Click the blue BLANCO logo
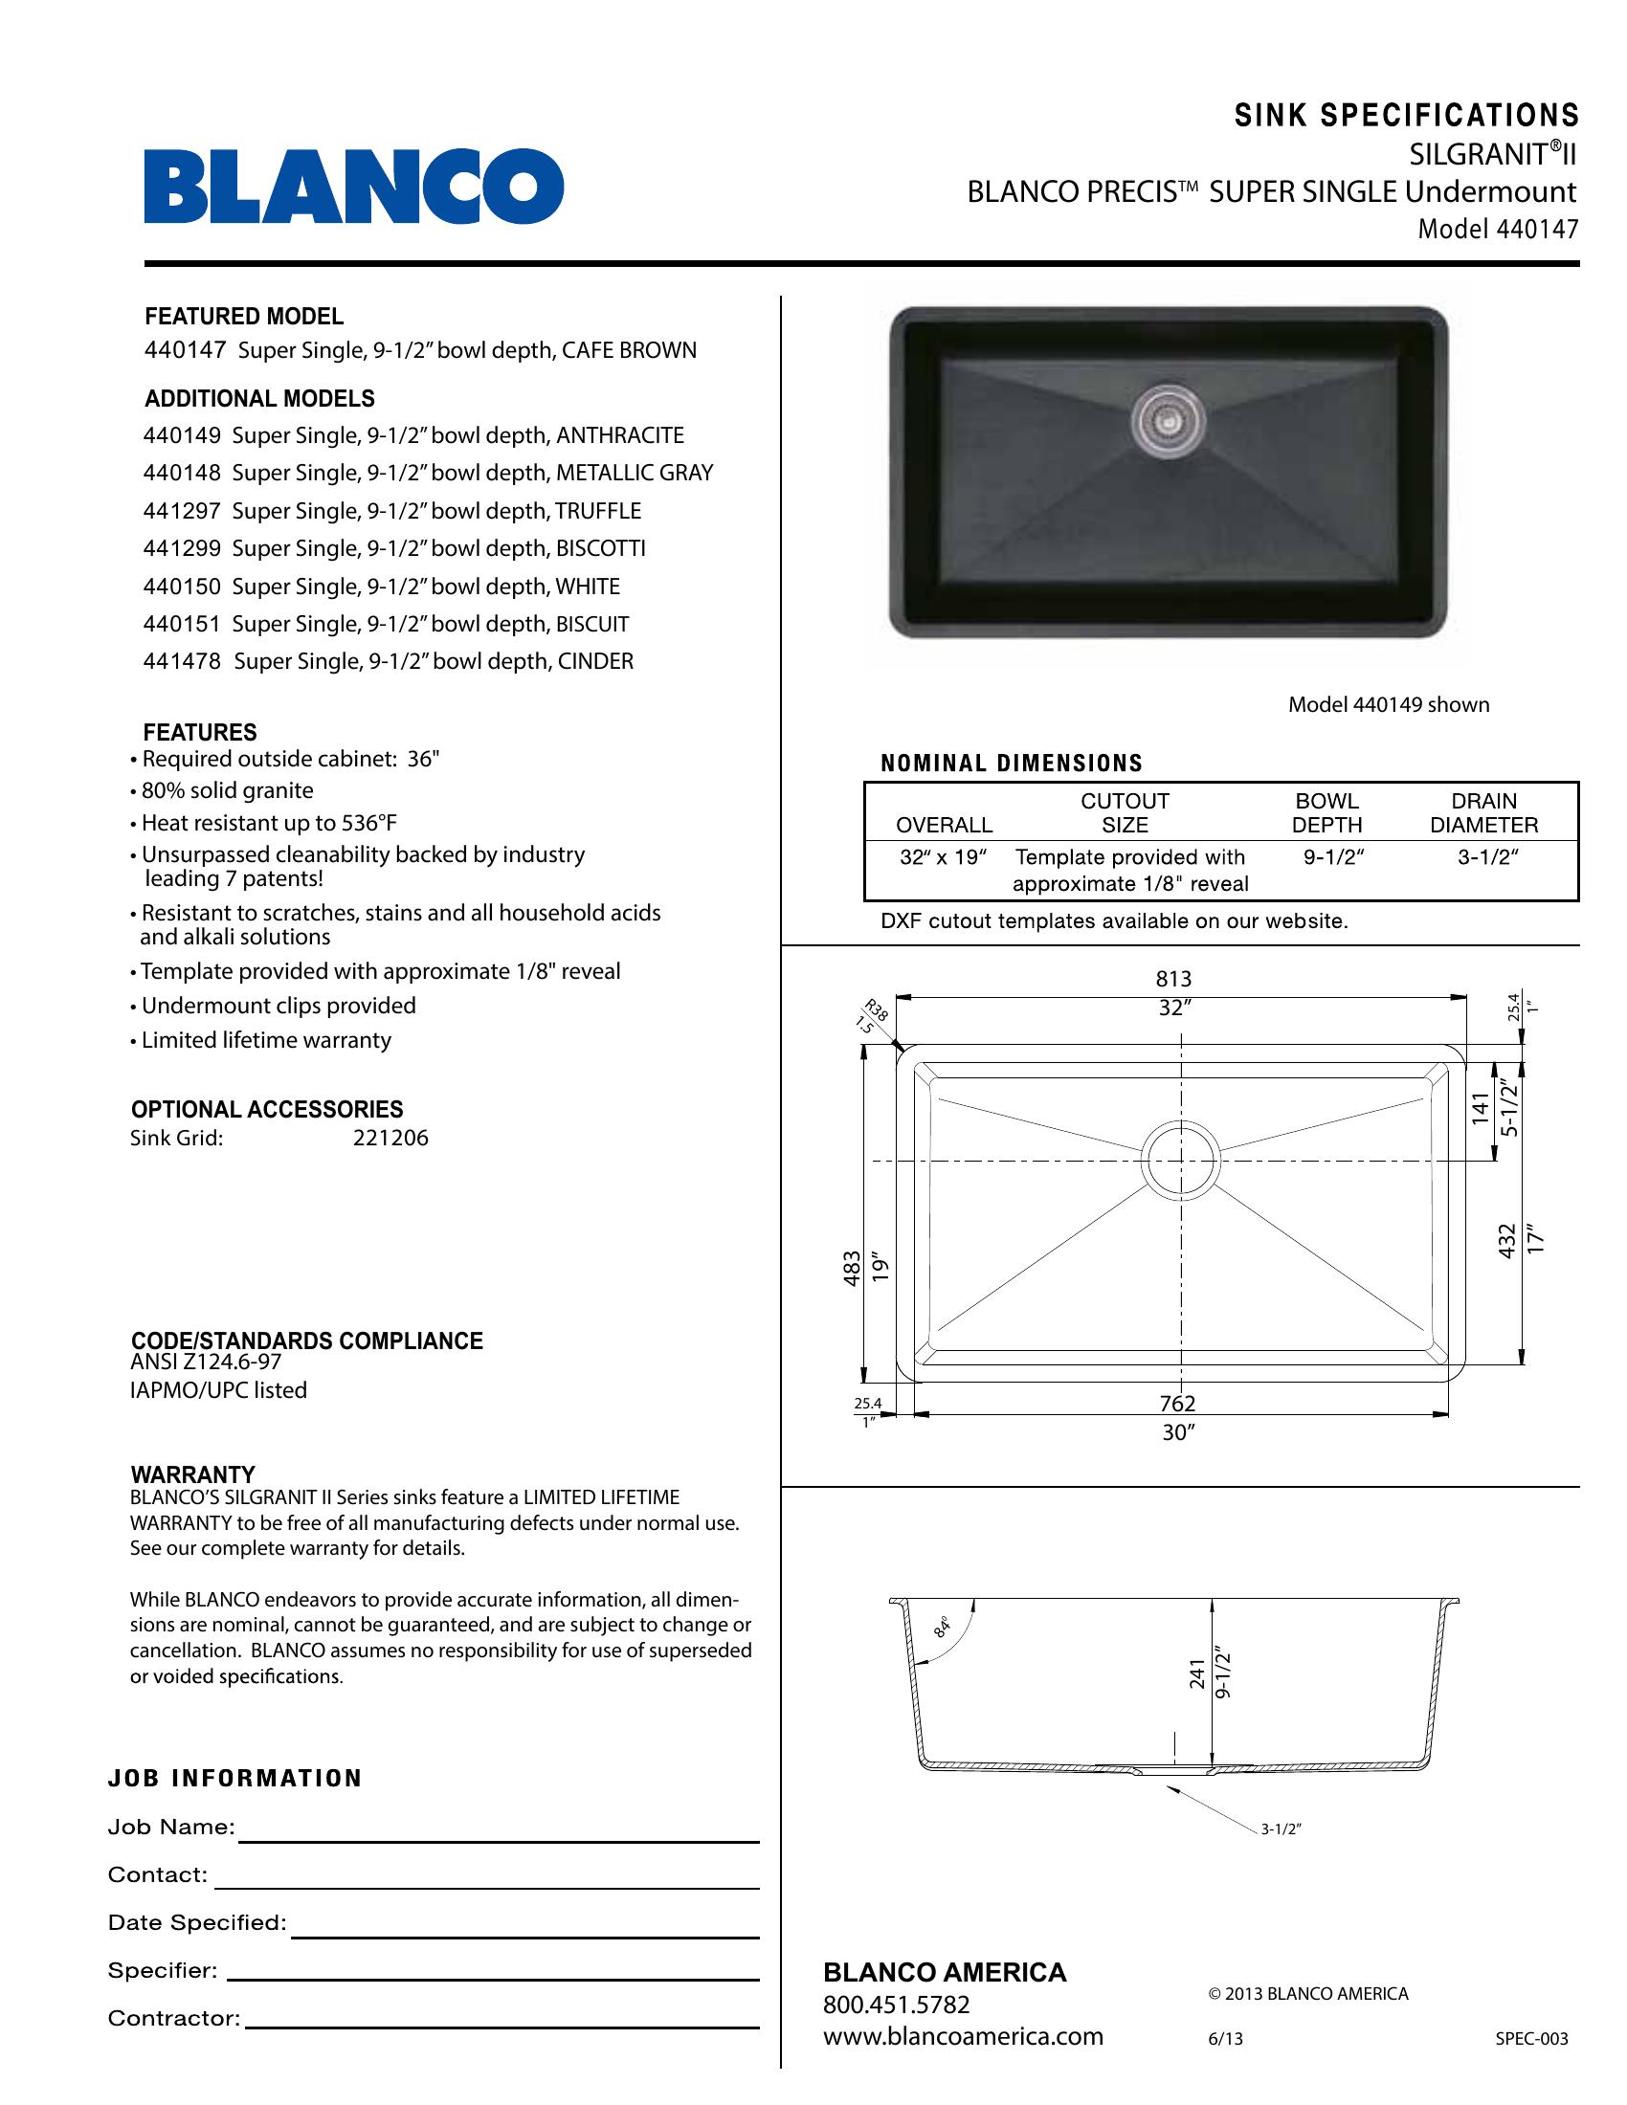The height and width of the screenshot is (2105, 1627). [x=354, y=187]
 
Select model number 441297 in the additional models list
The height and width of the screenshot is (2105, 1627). [x=182, y=511]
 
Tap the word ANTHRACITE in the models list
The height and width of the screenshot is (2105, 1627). [x=620, y=435]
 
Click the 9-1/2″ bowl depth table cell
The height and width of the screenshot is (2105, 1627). [x=1333, y=857]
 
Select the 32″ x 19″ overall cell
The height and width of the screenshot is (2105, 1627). [x=943, y=857]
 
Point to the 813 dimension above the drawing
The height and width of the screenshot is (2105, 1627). [x=1174, y=979]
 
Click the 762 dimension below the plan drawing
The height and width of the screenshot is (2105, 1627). [x=1178, y=1404]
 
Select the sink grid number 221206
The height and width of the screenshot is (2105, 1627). [x=390, y=1139]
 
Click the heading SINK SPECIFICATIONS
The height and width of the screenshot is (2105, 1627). [x=1407, y=116]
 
